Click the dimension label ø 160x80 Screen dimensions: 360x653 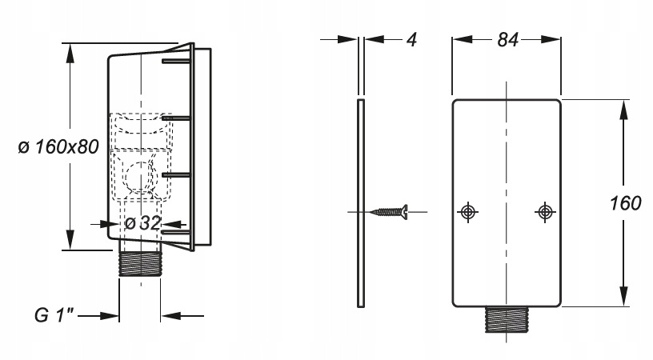[57, 148]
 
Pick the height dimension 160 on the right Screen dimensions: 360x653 [623, 202]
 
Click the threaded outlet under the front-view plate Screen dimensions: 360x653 [506, 321]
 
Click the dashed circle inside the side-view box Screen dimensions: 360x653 [141, 175]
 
